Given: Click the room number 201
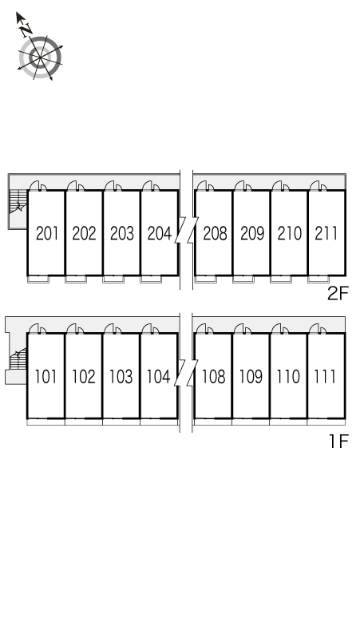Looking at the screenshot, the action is (x=47, y=233).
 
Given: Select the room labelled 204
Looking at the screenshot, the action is (x=160, y=233).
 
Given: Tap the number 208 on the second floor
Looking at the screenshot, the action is (x=215, y=233).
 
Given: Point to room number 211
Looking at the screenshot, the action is (x=326, y=233).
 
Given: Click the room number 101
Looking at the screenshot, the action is (x=45, y=376).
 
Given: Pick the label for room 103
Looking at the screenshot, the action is (x=121, y=376).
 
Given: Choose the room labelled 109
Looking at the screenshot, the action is (x=251, y=376).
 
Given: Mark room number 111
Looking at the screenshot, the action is (x=325, y=376).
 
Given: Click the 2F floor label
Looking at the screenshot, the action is (x=338, y=293).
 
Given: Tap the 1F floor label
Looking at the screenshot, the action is (x=339, y=441).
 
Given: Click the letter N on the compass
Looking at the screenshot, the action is (x=26, y=30).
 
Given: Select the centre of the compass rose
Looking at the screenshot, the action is (x=41, y=58).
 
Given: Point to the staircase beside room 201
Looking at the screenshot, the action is (x=18, y=202).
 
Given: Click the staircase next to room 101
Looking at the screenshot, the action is (x=18, y=359).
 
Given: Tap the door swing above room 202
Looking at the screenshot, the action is (x=75, y=185).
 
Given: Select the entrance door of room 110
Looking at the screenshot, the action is (x=279, y=328).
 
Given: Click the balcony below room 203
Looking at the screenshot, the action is (x=113, y=279).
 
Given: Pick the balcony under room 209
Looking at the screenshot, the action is (x=243, y=279).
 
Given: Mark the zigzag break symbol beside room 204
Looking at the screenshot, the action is (x=186, y=229).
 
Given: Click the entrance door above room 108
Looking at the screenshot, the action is (x=204, y=328).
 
